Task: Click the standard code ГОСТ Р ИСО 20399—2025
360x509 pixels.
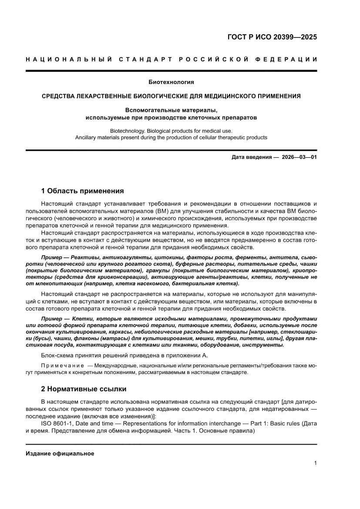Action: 272,37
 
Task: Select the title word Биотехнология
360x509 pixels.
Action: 171,82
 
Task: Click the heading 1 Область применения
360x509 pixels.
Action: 82,191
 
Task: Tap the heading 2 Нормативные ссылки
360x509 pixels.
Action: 84,388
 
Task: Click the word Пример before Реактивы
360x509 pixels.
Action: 51,257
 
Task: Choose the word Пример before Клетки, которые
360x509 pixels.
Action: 51,319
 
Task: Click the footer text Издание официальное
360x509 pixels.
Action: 60,453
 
